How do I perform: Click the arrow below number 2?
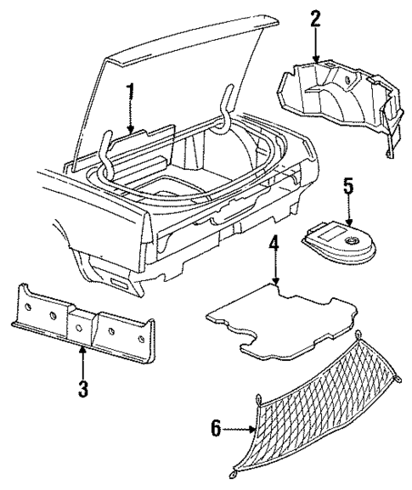[318, 47]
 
